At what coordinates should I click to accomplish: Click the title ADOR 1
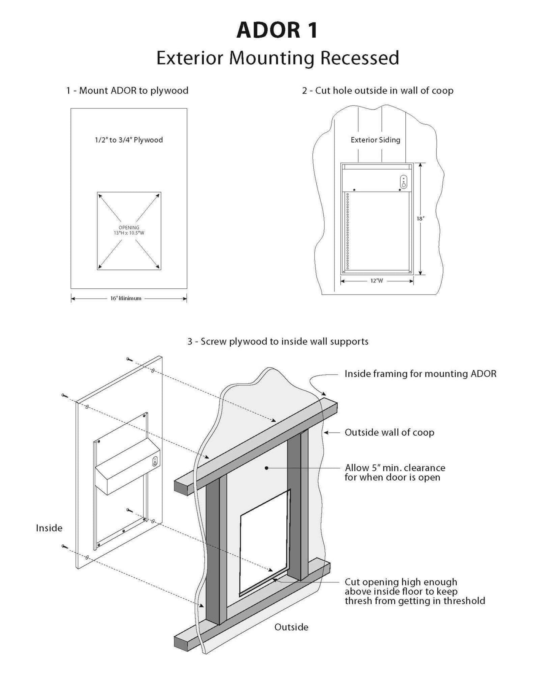click(277, 30)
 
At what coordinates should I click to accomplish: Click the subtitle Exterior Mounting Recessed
click(278, 58)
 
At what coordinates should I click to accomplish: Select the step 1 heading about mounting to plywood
click(127, 90)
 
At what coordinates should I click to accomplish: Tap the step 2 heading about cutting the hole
click(377, 90)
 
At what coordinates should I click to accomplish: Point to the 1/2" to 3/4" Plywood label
click(129, 140)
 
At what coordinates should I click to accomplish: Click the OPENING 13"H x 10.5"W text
click(129, 230)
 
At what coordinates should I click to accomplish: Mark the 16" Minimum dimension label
click(126, 298)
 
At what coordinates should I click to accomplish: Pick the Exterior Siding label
click(375, 140)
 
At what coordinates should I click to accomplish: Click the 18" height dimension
click(420, 219)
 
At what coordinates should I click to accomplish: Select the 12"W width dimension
click(377, 281)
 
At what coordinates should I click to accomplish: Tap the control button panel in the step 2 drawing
click(404, 182)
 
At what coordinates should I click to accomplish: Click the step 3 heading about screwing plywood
click(278, 341)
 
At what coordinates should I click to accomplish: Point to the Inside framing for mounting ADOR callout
click(420, 374)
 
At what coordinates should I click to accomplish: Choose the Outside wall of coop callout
click(389, 432)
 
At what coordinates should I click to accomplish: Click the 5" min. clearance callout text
click(395, 473)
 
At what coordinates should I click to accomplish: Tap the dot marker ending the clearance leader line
click(266, 468)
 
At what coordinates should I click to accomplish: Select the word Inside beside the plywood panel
click(49, 528)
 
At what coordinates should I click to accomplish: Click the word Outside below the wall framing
click(291, 627)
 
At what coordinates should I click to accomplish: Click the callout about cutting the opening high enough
click(415, 591)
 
